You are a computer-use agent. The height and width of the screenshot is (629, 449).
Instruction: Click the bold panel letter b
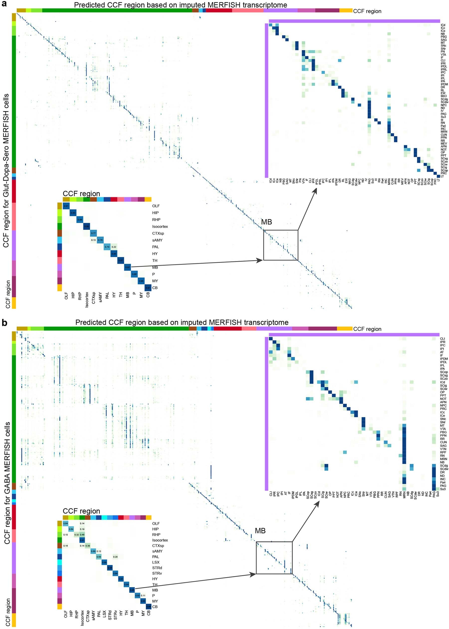click(4, 323)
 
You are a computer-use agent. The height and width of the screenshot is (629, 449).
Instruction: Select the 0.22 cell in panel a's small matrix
click(114, 247)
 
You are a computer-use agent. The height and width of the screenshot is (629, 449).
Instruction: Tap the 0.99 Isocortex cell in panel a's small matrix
click(87, 226)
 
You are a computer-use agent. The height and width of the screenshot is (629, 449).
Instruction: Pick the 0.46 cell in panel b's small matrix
click(82, 535)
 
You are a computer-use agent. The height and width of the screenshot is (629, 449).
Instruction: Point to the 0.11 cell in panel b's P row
click(143, 596)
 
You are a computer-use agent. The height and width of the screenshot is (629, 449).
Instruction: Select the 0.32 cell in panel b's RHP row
click(77, 535)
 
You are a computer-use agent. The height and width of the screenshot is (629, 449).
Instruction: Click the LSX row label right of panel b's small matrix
click(156, 562)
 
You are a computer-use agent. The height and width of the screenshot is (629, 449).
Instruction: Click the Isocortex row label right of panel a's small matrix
click(160, 226)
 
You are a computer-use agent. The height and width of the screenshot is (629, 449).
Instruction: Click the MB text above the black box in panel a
click(267, 222)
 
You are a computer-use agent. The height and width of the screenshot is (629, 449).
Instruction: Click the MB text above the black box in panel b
click(260, 531)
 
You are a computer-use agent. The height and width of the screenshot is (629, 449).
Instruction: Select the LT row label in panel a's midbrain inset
click(442, 176)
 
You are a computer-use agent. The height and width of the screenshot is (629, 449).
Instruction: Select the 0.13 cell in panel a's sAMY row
click(93, 240)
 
